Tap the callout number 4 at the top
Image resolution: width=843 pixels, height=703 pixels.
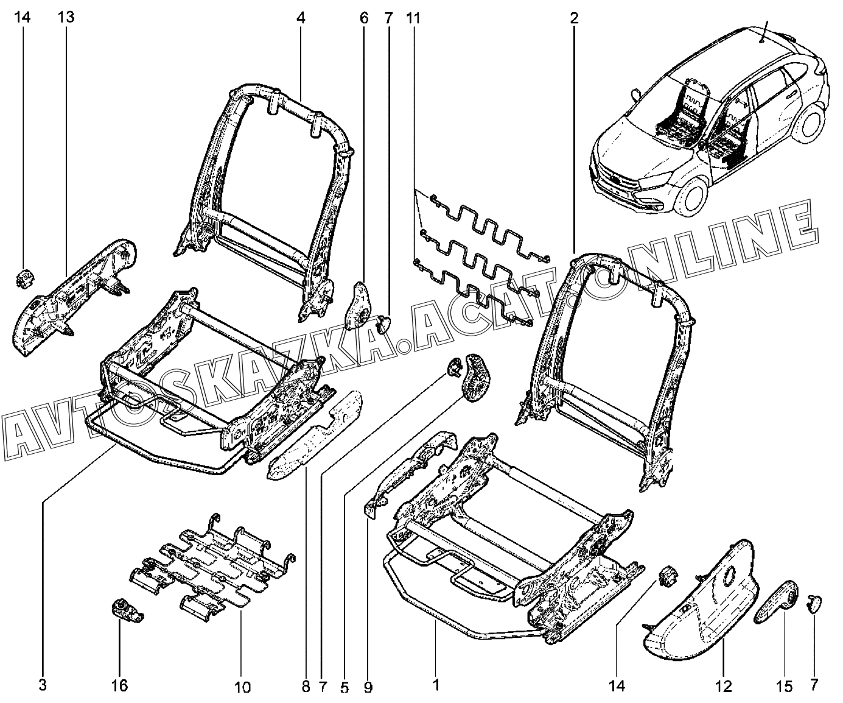[301, 18]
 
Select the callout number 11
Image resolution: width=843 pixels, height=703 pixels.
[413, 18]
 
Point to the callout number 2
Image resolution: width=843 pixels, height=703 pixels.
[573, 18]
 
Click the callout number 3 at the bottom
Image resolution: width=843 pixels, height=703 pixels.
[42, 685]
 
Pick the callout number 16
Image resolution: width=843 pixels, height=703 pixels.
[120, 686]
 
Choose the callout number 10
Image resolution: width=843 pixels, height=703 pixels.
[242, 688]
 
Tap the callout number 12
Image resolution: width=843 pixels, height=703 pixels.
[723, 687]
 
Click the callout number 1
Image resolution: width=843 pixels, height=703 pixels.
[436, 685]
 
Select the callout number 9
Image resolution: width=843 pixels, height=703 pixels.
[368, 688]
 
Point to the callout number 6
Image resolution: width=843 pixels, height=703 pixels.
[364, 18]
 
